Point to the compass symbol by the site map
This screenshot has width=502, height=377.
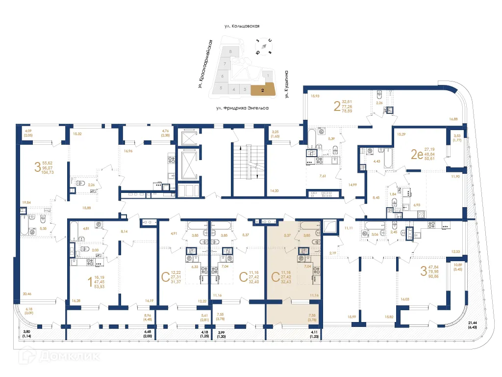264,46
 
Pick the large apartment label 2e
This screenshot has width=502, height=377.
417,155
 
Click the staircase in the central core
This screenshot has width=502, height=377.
249,162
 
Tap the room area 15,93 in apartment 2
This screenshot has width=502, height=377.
315,96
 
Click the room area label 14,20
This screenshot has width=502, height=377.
275,190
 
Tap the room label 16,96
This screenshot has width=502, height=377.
129,151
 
